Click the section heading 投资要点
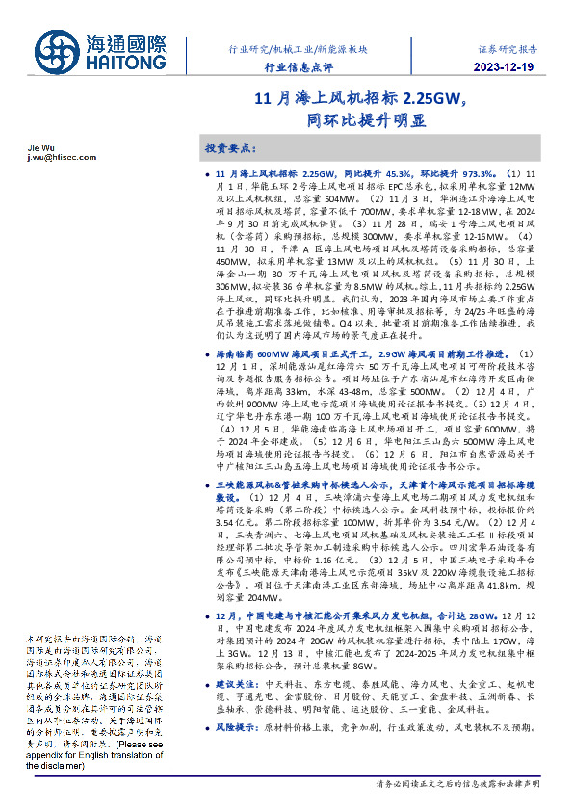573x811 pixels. [x=230, y=148]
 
